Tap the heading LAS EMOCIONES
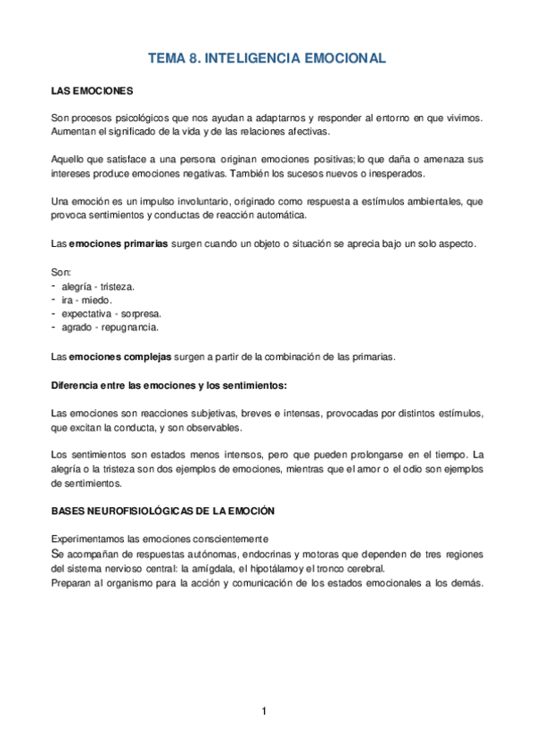click(92, 92)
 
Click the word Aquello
click(68, 158)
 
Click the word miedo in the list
click(97, 300)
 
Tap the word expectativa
click(86, 314)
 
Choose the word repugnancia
click(124, 327)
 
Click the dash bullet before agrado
click(54, 327)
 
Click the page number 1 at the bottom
click(264, 711)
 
